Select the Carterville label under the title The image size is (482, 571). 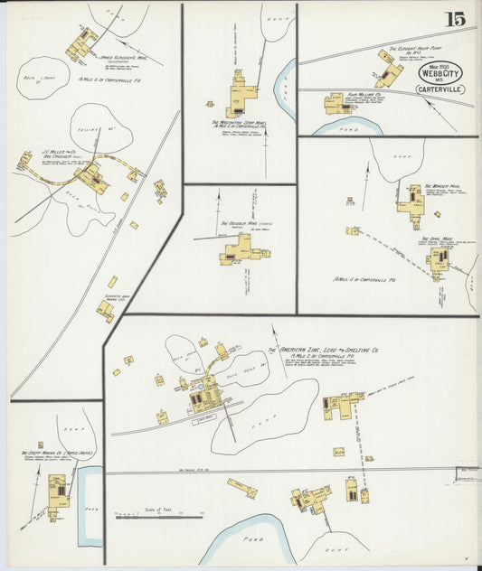click(x=439, y=89)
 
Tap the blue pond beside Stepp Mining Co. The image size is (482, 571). click(x=89, y=506)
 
